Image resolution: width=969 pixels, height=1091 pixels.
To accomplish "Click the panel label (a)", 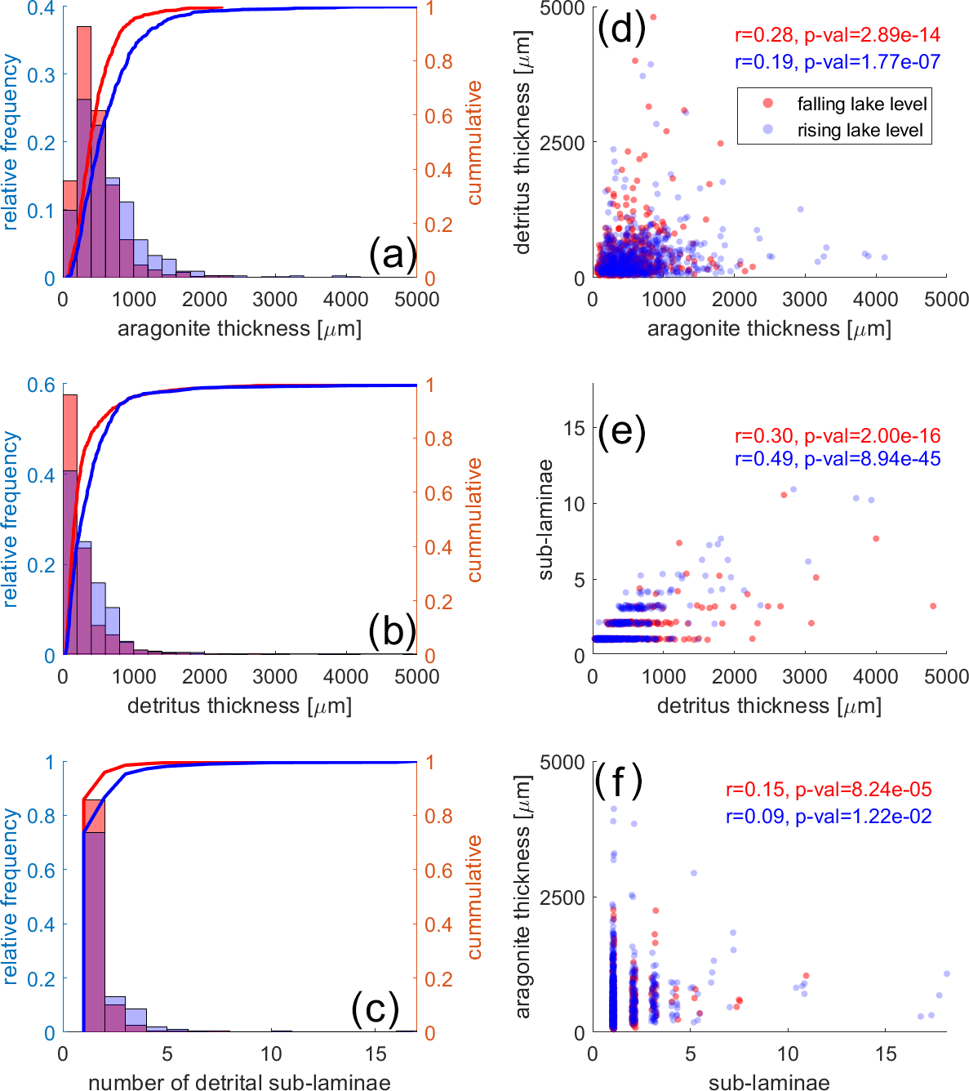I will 392,255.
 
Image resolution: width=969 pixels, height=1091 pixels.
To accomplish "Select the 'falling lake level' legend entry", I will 861,105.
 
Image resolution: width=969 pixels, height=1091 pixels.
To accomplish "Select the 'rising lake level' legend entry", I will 860,131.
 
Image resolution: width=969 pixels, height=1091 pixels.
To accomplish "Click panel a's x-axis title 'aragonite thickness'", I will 239,328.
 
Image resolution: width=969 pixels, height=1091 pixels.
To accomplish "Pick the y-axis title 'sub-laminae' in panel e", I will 545,520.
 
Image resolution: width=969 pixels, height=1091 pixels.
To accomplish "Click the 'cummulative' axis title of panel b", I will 474,520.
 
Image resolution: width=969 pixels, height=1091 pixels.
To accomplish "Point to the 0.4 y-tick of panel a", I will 41,9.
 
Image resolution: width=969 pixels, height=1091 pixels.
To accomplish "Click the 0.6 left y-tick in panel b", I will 41,385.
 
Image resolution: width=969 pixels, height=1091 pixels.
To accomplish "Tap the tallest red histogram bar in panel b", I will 70,523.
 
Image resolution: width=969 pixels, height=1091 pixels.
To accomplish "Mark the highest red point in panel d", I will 652,17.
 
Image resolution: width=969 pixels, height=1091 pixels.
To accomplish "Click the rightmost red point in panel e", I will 933,606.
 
